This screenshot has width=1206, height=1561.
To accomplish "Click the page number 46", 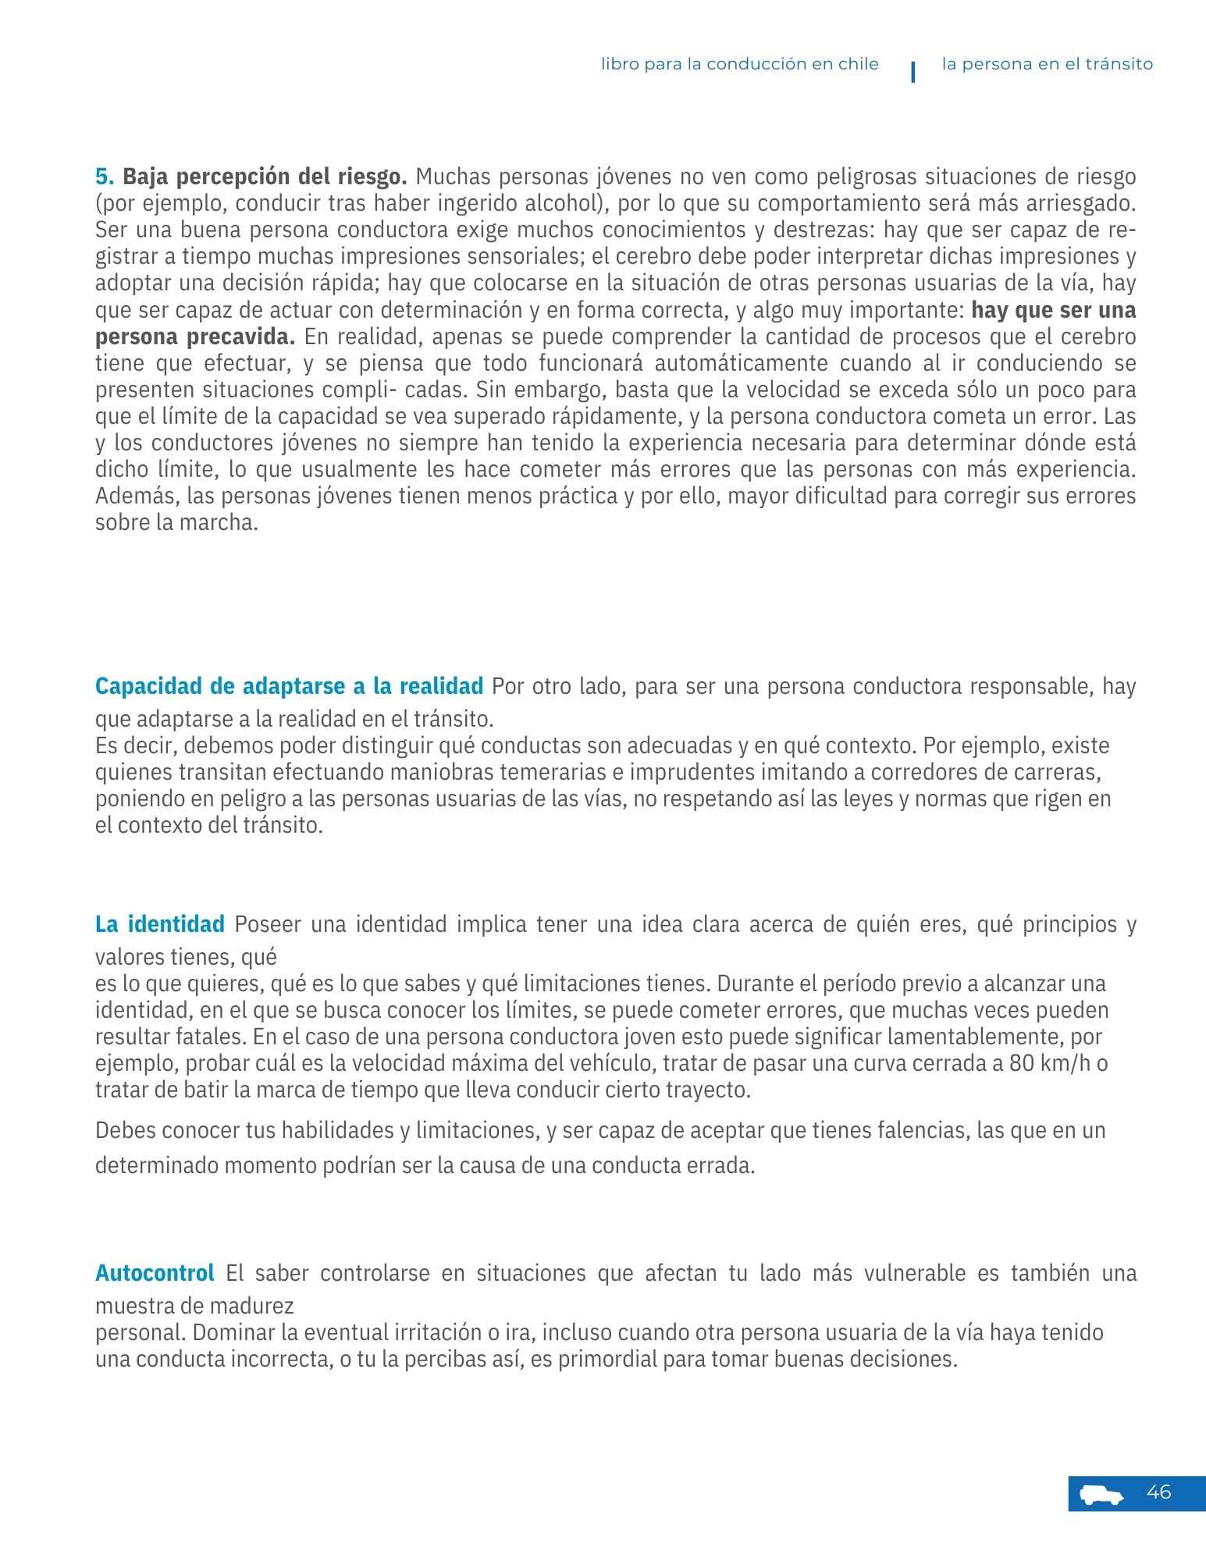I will pos(1158,1492).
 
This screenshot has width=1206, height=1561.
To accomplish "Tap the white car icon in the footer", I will pos(1101,1495).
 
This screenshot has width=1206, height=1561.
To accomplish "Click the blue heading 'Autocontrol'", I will pos(155,1273).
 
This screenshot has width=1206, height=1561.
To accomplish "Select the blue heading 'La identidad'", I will pos(160,924).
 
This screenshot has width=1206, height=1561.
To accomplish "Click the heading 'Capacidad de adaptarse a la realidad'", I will pos(289,686).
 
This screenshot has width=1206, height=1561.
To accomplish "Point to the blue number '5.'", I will pos(105,176).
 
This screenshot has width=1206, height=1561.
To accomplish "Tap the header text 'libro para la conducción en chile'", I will pos(739,64).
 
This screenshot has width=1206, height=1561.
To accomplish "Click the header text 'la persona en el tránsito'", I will pos(1047,64).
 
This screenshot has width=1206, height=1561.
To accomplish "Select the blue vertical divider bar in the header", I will pos(913,72).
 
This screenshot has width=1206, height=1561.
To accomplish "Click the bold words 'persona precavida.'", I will pos(195,337).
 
